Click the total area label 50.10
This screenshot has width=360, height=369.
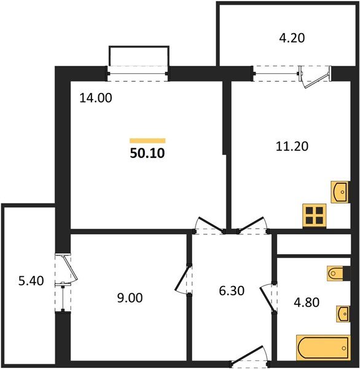click(x=147, y=153)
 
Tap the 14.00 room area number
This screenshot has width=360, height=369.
click(x=96, y=98)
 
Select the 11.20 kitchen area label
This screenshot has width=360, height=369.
click(x=292, y=146)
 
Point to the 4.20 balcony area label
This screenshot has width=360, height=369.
click(x=292, y=38)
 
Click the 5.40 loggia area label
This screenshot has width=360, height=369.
click(x=31, y=281)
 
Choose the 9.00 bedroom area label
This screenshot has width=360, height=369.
click(x=130, y=298)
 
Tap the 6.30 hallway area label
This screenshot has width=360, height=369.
click(x=232, y=291)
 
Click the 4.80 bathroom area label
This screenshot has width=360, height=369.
click(x=307, y=302)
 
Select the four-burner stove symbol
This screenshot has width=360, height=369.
click(x=315, y=216)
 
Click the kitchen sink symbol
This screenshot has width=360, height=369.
click(x=340, y=192)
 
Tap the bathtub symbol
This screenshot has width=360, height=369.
click(x=324, y=347)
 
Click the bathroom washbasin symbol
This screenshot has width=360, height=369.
click(x=343, y=314)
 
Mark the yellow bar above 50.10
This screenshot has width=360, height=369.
click(x=147, y=141)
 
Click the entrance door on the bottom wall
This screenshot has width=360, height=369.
click(x=250, y=356)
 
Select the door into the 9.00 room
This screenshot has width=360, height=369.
click(x=184, y=279)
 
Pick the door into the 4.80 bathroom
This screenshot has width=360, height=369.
click(x=268, y=298)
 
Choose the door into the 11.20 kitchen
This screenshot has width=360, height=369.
click(x=253, y=225)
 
